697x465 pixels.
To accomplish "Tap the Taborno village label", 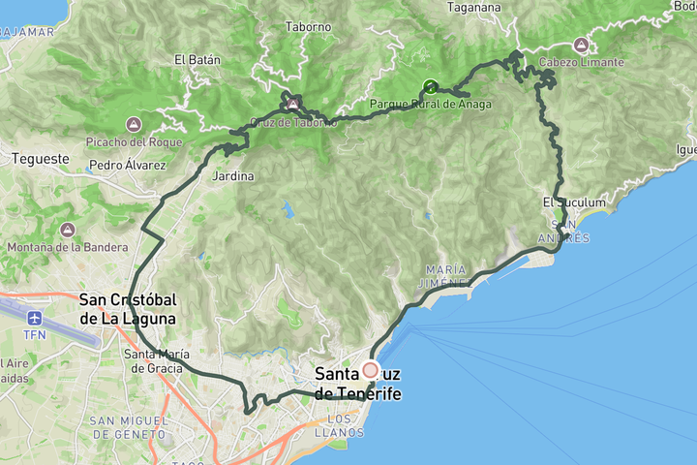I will point(308,27).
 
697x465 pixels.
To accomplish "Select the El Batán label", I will point(197,59).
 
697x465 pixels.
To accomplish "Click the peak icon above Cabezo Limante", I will point(581,45).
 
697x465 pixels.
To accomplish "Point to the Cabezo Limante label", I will point(581,63).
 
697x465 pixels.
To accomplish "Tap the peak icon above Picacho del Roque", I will point(134,124).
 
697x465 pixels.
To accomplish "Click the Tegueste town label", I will point(40,158).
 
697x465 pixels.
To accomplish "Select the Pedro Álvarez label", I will point(126,166).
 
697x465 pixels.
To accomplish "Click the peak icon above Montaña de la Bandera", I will point(67,230).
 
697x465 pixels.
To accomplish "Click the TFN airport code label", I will point(36,335).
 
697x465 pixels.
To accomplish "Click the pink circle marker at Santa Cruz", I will point(370,369).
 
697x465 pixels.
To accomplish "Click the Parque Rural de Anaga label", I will point(430,105).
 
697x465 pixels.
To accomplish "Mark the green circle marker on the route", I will point(430,87).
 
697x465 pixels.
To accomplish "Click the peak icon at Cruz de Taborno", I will point(291,102).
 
